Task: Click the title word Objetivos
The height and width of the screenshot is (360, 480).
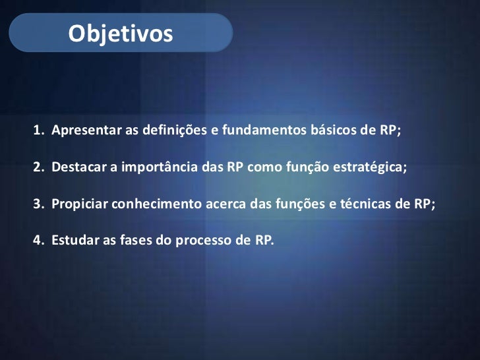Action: click(120, 32)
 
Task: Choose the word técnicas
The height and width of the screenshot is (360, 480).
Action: click(369, 203)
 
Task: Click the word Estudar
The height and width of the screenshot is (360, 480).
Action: click(74, 240)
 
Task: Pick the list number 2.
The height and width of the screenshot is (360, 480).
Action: click(38, 166)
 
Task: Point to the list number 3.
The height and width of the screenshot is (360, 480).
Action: click(38, 203)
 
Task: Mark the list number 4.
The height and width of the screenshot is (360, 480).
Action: click(38, 240)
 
